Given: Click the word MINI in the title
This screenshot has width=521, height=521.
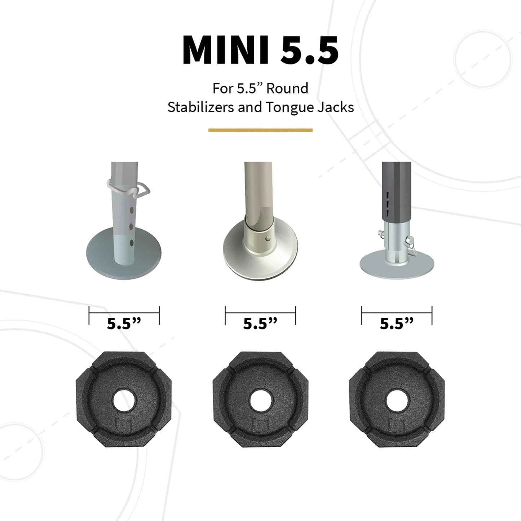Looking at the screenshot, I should [x=225, y=50].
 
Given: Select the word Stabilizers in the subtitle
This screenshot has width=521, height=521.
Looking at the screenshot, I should [x=201, y=107].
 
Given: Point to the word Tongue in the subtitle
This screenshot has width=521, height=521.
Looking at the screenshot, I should [x=290, y=107].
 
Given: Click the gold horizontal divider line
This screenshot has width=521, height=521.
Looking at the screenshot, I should [x=260, y=130].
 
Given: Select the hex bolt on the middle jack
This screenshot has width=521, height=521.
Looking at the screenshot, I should [x=267, y=238].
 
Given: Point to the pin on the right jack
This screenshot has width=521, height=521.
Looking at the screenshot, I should [x=409, y=239].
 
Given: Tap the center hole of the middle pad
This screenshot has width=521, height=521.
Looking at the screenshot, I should [x=260, y=399].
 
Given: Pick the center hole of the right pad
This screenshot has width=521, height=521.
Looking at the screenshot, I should [x=397, y=399].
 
